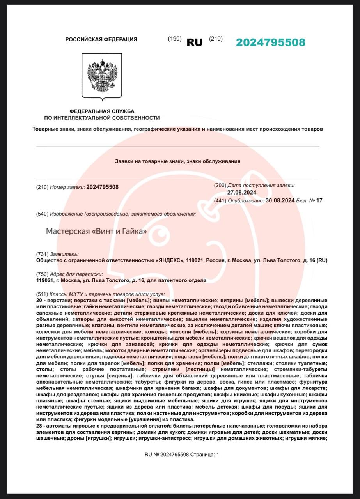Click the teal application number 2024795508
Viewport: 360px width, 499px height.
coord(270,42)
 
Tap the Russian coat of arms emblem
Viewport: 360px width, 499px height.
coord(102,76)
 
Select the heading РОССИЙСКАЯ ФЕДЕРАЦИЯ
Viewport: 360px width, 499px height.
coord(101,39)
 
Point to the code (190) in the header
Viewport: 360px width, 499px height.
coord(174,39)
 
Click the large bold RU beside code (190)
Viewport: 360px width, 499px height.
coord(195,43)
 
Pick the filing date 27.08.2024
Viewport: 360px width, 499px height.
coord(241,193)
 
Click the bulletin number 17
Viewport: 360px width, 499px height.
coord(319,201)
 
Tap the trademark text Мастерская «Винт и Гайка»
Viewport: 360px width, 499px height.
coord(96,231)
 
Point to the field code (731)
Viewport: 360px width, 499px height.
coord(42,254)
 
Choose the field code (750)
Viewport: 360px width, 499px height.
coord(42,274)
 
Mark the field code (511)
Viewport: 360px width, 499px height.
coord(42,294)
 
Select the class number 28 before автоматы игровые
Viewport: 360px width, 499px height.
coord(39,426)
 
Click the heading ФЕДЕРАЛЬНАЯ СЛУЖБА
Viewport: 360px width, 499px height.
coord(102,111)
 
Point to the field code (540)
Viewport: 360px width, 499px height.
coord(42,214)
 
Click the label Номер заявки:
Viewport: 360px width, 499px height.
coord(68,187)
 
